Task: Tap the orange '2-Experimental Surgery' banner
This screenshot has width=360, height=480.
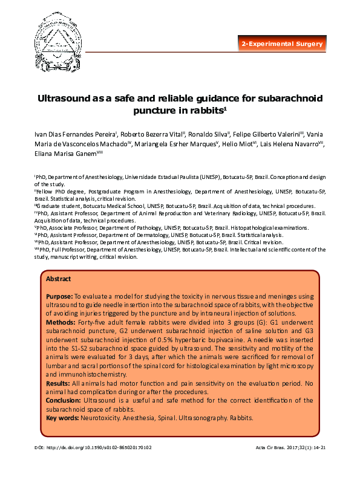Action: coord(283,44)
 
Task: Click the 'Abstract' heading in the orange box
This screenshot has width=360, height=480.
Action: coord(59,279)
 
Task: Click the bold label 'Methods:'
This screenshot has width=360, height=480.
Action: coord(61,323)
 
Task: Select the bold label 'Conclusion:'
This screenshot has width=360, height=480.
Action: coord(64,400)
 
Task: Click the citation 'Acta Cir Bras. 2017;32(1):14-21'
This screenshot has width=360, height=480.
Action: coord(292,447)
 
